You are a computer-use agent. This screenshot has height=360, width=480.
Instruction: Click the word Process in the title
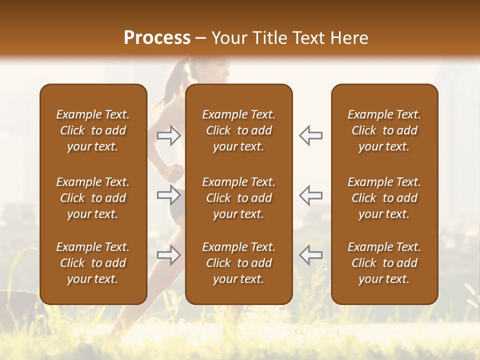pyautogui.click(x=157, y=37)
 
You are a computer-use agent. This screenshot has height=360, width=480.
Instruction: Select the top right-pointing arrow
pyautogui.click(x=168, y=135)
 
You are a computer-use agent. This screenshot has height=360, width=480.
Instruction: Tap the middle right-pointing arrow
pyautogui.click(x=168, y=195)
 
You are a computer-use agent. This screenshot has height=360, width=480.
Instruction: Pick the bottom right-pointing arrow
pyautogui.click(x=168, y=255)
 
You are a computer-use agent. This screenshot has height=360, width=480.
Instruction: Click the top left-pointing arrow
pyautogui.click(x=311, y=135)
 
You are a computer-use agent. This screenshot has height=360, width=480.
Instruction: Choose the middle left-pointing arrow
pyautogui.click(x=311, y=195)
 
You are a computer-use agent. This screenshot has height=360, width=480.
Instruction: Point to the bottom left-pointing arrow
pyautogui.click(x=311, y=255)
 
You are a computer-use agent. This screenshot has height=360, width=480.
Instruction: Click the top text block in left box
pyautogui.click(x=93, y=130)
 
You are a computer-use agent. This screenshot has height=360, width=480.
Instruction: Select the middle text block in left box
pyautogui.click(x=93, y=198)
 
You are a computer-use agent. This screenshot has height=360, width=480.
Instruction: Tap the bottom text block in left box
pyautogui.click(x=93, y=263)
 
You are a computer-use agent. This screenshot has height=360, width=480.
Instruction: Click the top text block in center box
pyautogui.click(x=238, y=130)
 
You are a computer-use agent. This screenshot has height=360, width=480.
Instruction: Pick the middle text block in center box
pyautogui.click(x=238, y=198)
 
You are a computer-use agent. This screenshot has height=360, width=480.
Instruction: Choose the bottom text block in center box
pyautogui.click(x=238, y=263)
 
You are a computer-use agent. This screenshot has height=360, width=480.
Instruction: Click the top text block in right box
pyautogui.click(x=384, y=130)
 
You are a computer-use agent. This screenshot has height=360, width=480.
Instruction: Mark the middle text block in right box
pyautogui.click(x=384, y=198)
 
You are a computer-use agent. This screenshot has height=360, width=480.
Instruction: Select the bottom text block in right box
pyautogui.click(x=384, y=263)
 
